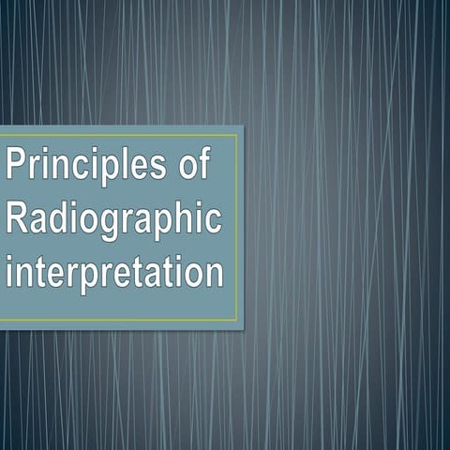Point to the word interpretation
point(114,275)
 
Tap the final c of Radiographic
point(215,222)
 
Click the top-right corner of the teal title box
point(243,127)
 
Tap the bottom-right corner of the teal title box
point(243,328)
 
